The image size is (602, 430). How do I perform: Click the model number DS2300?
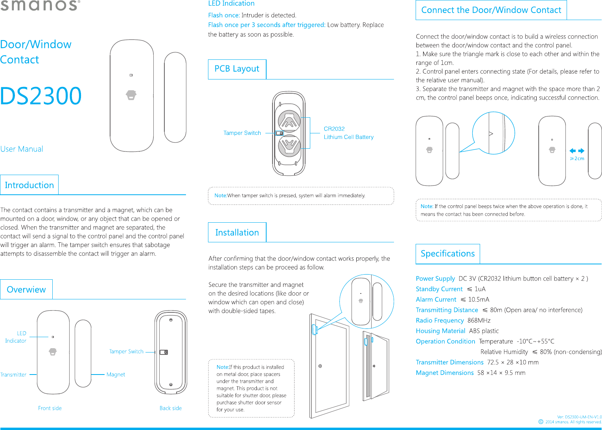coord(41,96)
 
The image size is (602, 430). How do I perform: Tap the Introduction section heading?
coord(29,185)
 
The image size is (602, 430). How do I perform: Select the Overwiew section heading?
coord(26,290)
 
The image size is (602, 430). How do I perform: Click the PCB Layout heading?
coord(237,69)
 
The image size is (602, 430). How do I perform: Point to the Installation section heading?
coord(237,233)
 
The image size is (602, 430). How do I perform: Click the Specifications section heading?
coord(447,254)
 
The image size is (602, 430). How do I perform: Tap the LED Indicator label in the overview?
coord(16,337)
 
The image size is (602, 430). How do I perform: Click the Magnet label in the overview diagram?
coord(116,375)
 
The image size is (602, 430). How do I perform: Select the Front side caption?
coord(50,408)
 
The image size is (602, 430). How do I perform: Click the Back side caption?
coord(171,408)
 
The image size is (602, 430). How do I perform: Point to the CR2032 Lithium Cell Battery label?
coord(348,133)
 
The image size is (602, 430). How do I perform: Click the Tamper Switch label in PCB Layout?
coord(242,133)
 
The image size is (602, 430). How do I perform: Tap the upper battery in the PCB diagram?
coord(289,121)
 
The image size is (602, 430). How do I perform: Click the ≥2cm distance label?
coord(577,159)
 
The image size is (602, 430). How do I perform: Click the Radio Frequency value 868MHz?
coord(479,321)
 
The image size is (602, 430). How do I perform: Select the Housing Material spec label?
coord(440,331)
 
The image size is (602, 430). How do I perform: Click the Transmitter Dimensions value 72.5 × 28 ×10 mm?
coord(513,362)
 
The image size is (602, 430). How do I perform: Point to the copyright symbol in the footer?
coord(541,422)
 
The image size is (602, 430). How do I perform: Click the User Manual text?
coord(22,149)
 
